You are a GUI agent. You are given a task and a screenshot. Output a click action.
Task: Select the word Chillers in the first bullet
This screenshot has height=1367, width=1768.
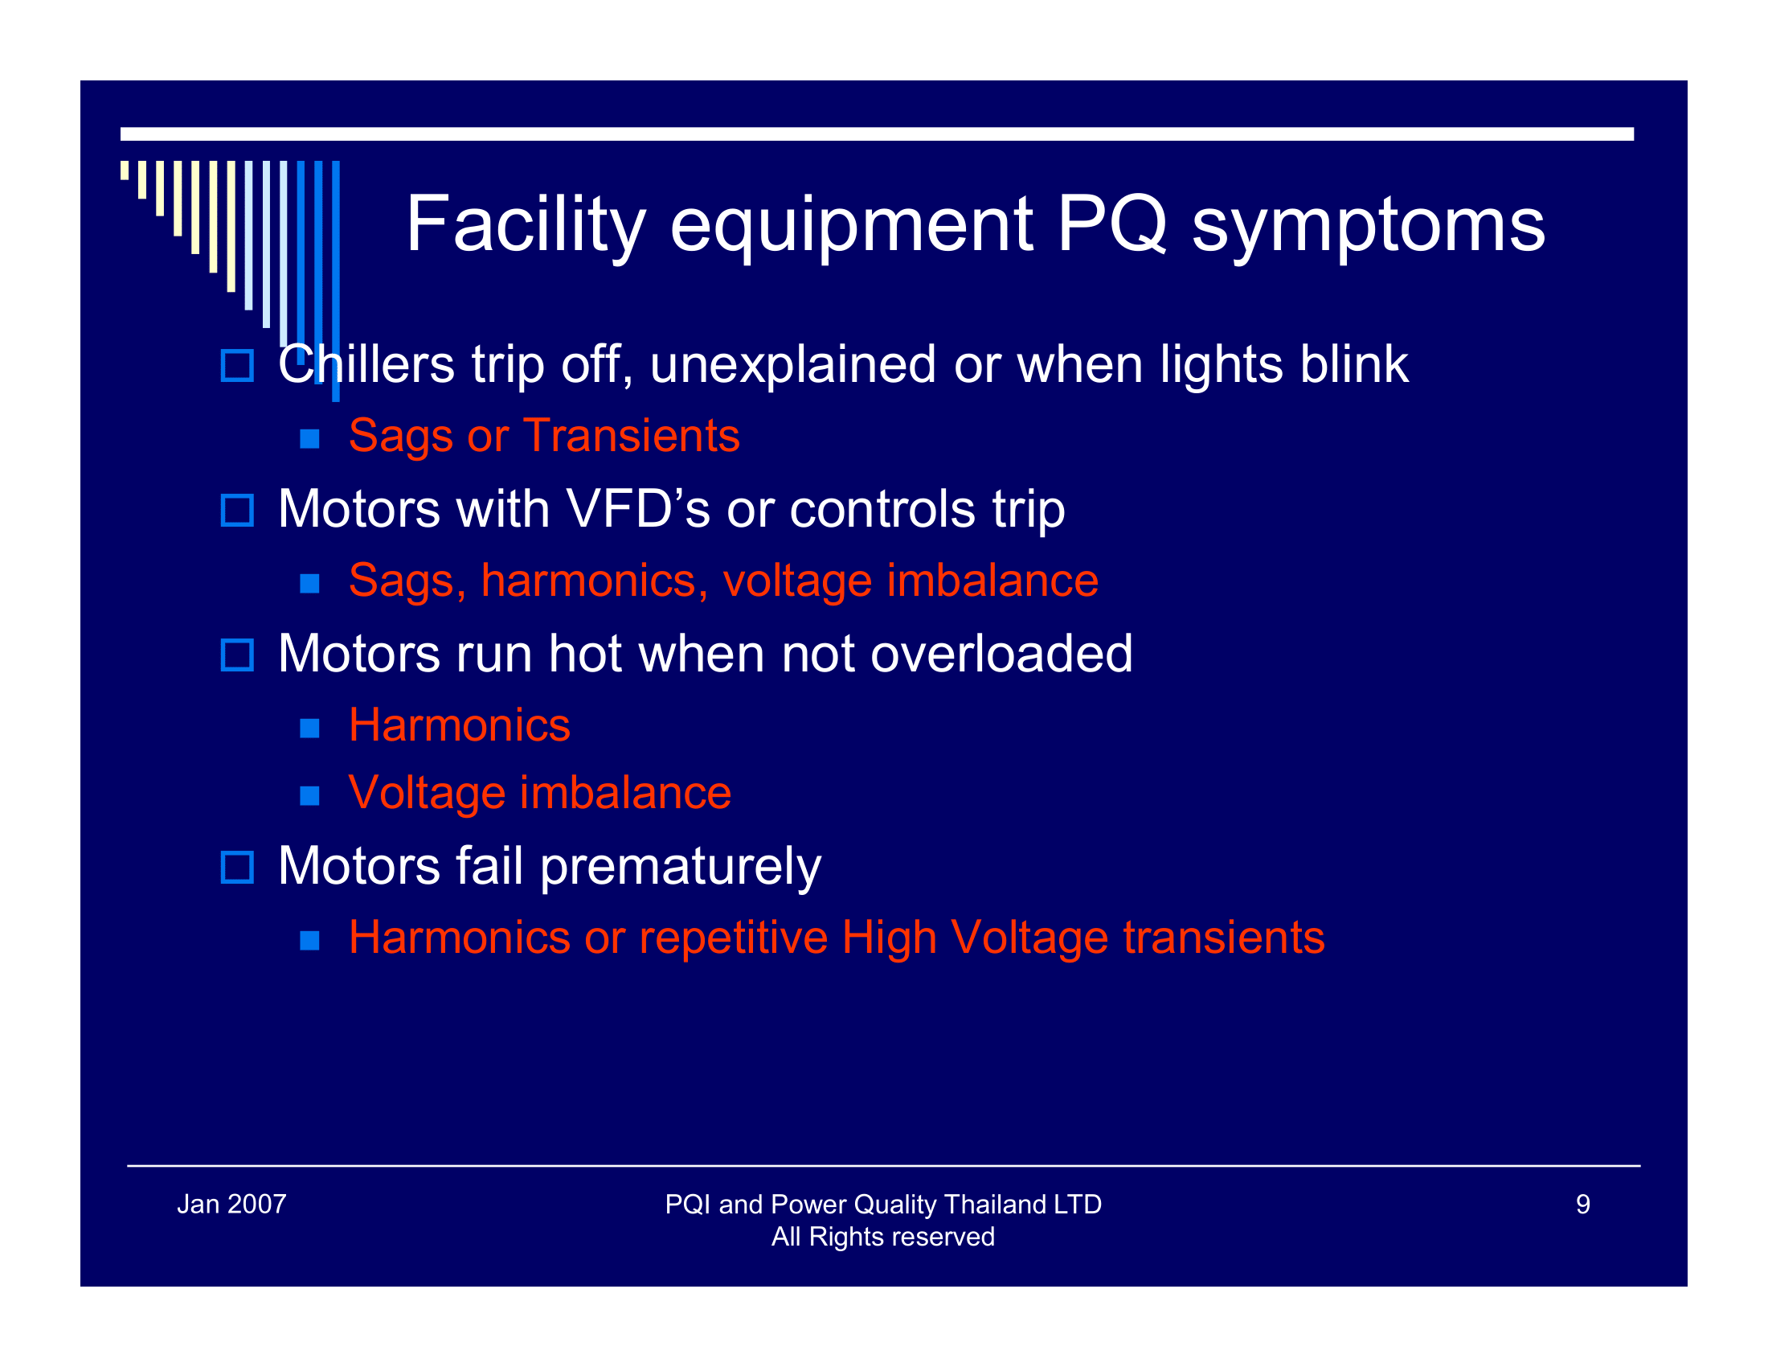(365, 364)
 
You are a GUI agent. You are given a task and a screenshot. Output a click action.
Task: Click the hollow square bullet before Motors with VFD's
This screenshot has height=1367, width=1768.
(237, 510)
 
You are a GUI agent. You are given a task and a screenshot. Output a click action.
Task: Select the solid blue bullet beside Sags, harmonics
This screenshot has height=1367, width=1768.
(309, 583)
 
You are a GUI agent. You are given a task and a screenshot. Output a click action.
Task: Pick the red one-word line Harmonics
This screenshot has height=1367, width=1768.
(459, 725)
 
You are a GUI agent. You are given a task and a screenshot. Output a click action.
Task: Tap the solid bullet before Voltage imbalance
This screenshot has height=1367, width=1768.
(309, 795)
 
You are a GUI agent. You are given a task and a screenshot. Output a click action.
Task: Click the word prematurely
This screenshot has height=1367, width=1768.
(680, 867)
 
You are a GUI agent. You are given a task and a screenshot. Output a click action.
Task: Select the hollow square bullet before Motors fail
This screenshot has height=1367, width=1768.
(237, 868)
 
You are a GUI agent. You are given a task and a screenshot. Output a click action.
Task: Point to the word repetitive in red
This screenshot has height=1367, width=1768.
(734, 938)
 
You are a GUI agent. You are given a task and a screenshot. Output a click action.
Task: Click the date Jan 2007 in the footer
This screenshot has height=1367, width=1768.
(231, 1205)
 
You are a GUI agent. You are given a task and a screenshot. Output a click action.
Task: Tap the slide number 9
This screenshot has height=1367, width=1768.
(1582, 1205)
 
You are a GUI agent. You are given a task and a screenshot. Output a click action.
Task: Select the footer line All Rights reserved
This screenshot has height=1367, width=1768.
(882, 1237)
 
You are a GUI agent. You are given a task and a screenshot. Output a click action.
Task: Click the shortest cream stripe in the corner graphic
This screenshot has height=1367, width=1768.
(125, 170)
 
